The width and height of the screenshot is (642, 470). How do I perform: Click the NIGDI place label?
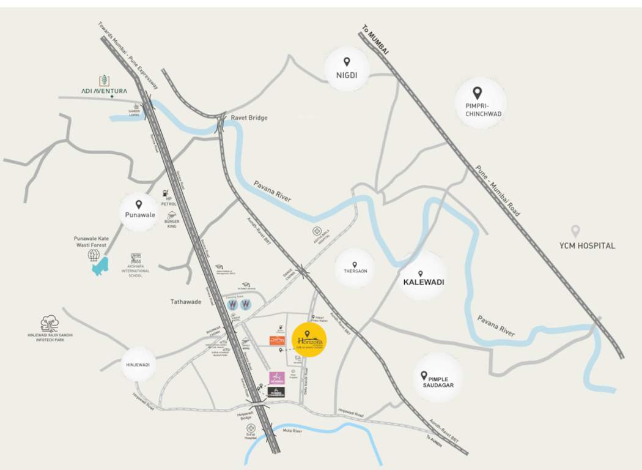click(x=346, y=76)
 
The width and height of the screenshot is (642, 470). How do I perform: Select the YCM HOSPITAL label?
click(x=586, y=245)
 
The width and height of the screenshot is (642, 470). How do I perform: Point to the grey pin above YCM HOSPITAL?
click(x=575, y=231)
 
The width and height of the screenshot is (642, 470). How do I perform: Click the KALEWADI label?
click(x=423, y=283)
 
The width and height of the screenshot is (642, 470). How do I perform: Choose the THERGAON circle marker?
click(x=355, y=268)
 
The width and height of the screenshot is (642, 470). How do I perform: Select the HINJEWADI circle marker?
click(x=138, y=364)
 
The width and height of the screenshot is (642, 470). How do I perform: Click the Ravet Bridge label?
click(x=249, y=117)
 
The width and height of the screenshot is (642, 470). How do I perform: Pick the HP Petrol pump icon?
click(x=165, y=193)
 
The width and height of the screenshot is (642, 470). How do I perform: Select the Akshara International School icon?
click(x=135, y=259)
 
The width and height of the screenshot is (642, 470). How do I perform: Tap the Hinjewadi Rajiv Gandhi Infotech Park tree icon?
click(x=49, y=323)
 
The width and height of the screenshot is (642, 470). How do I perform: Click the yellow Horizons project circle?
click(x=309, y=339)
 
